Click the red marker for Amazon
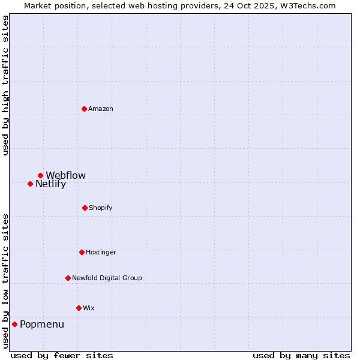coord(84,109)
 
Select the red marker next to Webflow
coord(40,175)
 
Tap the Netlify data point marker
coord(30,184)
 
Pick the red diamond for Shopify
coord(85,208)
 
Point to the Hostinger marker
coord(82,252)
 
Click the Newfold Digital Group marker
coord(68,278)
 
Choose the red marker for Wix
coord(79,308)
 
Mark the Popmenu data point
coord(14,324)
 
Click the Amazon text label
coord(101,109)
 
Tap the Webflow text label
coord(65,175)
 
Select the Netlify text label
coord(50,184)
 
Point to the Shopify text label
coord(101,208)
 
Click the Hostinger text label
coord(101,252)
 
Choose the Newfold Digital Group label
coord(107,278)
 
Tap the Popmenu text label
coord(42,325)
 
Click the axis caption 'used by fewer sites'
coord(62,355)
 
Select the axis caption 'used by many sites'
coord(301,355)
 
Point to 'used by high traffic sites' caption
coord(5,85)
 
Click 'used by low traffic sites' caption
coord(5,281)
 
